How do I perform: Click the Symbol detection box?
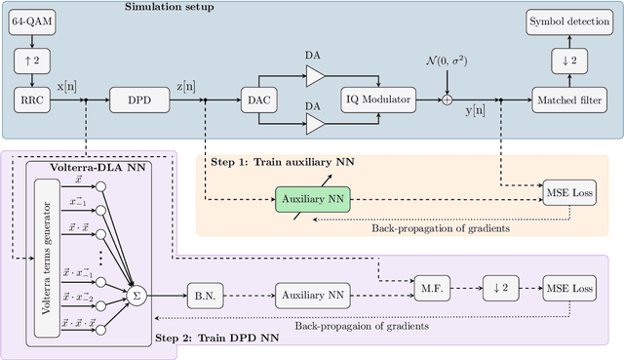point(568,21)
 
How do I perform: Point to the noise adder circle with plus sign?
point(447,98)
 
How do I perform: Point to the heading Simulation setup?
point(172,8)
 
